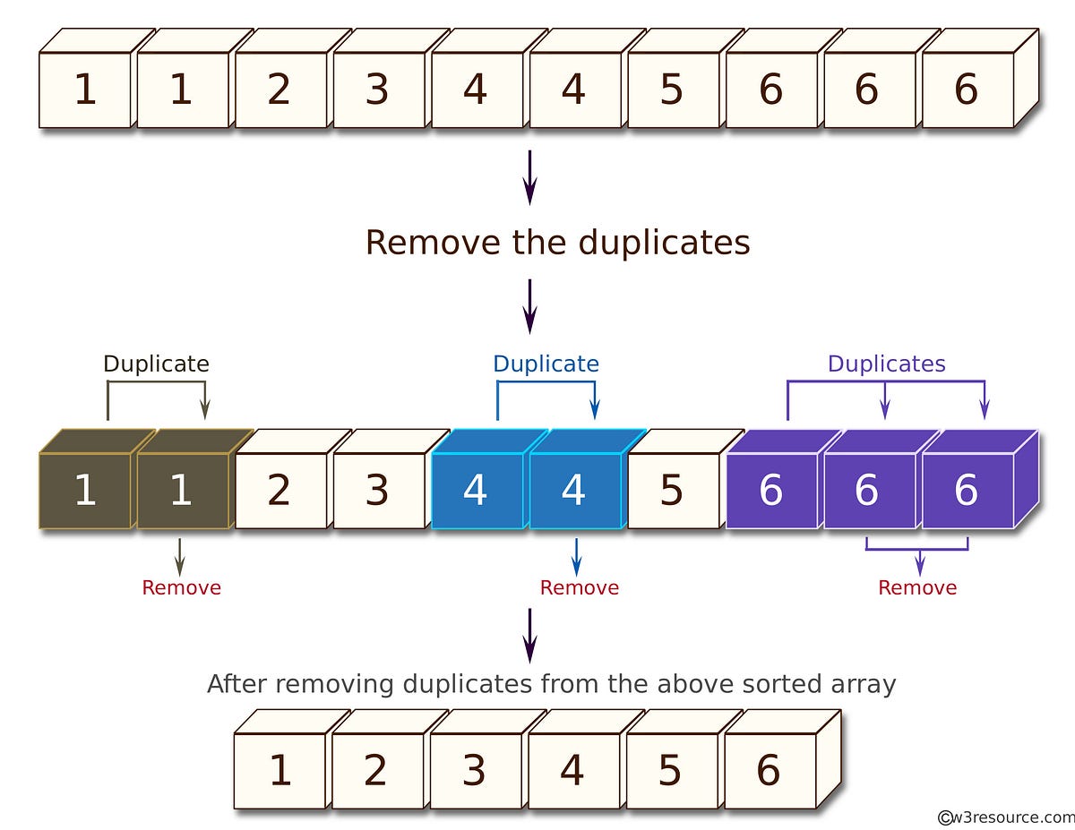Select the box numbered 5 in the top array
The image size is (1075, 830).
pos(672,90)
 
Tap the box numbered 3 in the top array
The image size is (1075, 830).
pos(378,90)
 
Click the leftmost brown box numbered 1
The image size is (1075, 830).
pos(85,491)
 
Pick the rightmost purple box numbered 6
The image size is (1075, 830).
pos(966,491)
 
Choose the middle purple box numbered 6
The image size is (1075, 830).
pos(867,491)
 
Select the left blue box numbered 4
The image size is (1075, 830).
pos(476,491)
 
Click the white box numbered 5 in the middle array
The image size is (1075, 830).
pos(672,491)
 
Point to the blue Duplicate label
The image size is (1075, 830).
pos(546,364)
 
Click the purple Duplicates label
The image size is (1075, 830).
pos(886,364)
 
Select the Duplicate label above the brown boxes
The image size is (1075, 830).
pos(156,364)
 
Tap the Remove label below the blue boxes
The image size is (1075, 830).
pos(579,588)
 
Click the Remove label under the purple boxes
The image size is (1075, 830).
pos(917,588)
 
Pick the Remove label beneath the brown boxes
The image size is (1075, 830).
pos(181,588)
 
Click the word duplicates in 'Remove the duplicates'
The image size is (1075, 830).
pos(664,243)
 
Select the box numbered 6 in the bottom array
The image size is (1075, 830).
pos(769,771)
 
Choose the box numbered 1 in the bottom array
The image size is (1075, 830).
pos(280,771)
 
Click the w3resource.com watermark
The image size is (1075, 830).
pos(1006,817)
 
